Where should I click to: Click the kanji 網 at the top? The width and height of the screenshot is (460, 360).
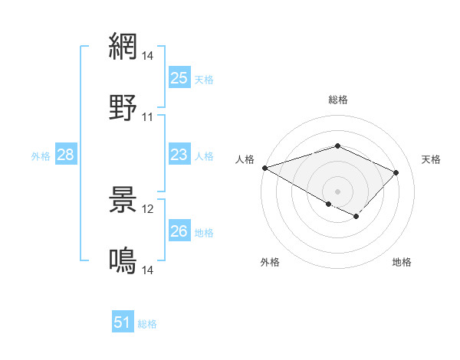point(123,46)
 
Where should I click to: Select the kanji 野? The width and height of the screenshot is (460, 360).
point(123,107)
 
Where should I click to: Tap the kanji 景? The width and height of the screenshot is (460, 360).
point(123,199)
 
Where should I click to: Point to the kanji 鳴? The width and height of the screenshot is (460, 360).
point(123,260)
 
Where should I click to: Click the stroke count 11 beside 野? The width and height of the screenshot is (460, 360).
point(148,117)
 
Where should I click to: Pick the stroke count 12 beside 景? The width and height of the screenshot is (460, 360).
point(148,209)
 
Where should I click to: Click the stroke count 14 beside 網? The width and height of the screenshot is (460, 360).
point(148,56)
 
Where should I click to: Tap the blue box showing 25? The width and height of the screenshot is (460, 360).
point(179,78)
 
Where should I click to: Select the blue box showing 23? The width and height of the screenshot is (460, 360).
point(179,155)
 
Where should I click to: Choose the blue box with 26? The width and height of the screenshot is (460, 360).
point(179,231)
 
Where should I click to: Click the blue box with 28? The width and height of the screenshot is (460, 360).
point(65,155)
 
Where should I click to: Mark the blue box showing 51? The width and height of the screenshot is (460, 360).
point(123,322)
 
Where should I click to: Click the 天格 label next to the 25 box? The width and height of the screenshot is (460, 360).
point(204,79)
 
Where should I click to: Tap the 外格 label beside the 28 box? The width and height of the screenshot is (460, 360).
point(41,156)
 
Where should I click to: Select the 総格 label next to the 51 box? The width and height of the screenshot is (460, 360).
point(147,323)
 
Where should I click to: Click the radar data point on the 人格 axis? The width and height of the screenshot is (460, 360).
point(264,168)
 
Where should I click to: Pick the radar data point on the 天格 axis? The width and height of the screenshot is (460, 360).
point(396,172)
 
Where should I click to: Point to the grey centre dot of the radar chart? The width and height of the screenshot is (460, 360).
point(337,191)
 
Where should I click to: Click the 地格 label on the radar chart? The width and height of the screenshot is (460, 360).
point(402,263)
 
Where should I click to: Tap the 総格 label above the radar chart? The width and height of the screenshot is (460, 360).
point(337,100)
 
